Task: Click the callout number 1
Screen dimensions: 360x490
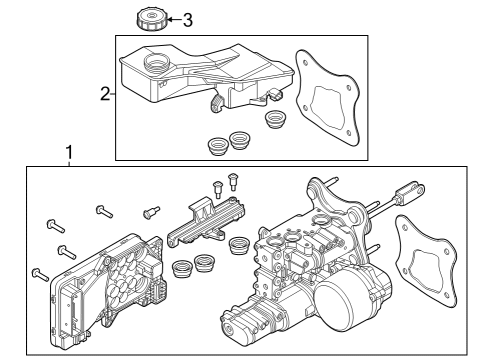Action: (68, 154)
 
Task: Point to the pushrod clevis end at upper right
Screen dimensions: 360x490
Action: (407, 190)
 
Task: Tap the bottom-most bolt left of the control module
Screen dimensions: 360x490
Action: (39, 272)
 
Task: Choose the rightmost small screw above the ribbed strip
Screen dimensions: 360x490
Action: (234, 181)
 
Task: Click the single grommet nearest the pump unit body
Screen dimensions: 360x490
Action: (239, 244)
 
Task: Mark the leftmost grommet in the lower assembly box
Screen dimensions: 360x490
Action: (181, 269)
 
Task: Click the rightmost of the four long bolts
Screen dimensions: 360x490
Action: (103, 210)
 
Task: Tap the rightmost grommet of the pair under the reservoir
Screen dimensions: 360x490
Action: (240, 141)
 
